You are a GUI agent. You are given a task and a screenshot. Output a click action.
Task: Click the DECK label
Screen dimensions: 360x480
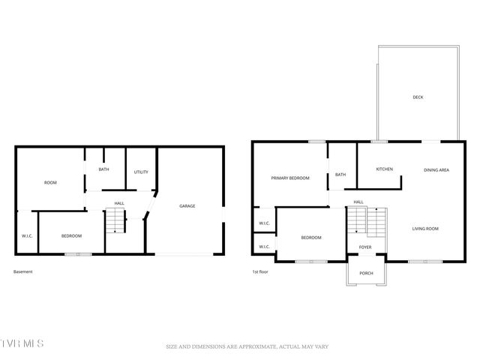point(418,97)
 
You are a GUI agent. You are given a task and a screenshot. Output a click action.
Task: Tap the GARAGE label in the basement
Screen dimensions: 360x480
point(187,205)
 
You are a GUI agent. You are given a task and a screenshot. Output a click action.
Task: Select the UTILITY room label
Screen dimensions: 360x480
point(141,172)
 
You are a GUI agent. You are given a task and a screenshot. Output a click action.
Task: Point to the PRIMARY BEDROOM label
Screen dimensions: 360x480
point(290,178)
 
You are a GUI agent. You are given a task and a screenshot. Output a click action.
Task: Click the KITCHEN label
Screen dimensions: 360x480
point(385,169)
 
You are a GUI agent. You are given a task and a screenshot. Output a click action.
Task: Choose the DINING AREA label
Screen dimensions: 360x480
point(436,170)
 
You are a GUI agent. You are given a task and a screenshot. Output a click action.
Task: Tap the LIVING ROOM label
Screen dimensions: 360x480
point(425,228)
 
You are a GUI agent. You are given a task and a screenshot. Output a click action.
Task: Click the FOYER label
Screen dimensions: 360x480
point(365,247)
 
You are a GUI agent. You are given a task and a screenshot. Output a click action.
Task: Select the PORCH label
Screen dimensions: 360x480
point(366,273)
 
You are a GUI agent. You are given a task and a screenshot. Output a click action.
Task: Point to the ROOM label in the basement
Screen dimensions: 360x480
point(50,182)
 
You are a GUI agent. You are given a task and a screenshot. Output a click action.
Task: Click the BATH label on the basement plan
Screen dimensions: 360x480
point(103,169)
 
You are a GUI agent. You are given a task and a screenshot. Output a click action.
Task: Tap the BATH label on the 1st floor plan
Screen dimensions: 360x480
point(340,175)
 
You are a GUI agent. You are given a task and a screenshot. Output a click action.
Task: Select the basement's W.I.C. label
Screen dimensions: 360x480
point(27,236)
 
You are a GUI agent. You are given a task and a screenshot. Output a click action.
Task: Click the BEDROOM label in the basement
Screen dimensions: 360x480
point(71,236)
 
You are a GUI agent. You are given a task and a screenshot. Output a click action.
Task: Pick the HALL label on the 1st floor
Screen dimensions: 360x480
point(358,202)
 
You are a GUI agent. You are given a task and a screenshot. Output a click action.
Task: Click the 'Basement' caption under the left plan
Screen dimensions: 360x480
point(23,271)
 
